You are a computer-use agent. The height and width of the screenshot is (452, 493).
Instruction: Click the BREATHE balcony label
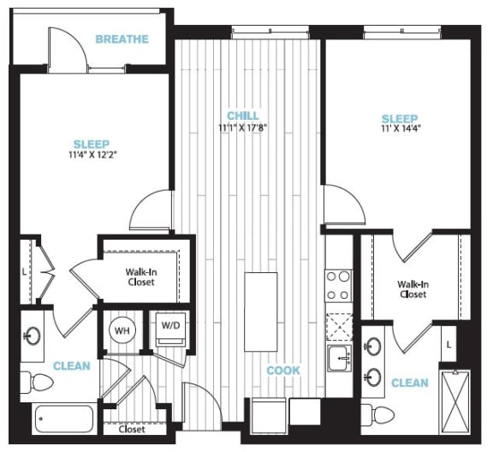[x=122, y=39]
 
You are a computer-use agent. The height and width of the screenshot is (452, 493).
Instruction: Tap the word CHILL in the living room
[x=242, y=116]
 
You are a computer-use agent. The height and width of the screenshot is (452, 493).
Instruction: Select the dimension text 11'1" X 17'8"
[x=242, y=128]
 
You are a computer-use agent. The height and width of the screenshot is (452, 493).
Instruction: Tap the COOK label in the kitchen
[x=283, y=371]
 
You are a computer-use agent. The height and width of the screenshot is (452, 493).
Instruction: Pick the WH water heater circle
[x=122, y=330]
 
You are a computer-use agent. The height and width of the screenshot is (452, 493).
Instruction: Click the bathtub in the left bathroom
[x=64, y=420]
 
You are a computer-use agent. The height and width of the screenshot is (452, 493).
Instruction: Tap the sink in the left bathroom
[x=35, y=336]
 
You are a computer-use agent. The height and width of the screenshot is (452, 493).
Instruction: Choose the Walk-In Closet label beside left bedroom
[x=140, y=277]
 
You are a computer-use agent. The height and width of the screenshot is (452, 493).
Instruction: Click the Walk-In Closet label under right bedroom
[x=413, y=288]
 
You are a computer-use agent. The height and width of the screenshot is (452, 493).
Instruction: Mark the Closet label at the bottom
[x=131, y=430]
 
